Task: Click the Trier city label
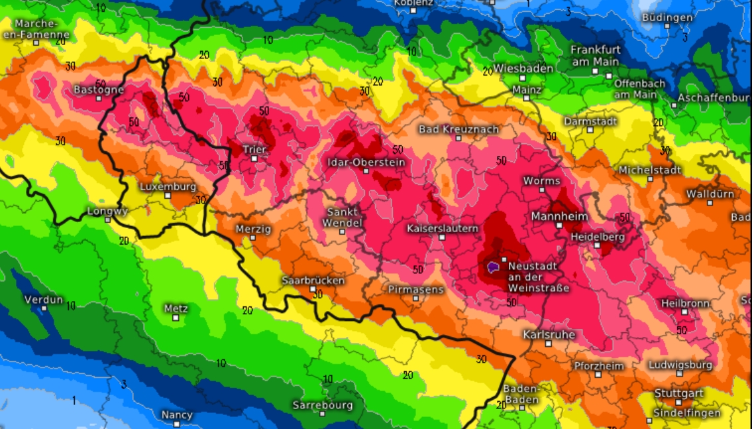point(254,149)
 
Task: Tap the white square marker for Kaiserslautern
point(442,237)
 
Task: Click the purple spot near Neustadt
point(493,267)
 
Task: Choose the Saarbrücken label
point(313,280)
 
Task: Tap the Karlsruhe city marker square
point(549,343)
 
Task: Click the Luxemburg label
point(168,186)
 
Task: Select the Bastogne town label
point(99,89)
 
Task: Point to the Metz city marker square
point(176,318)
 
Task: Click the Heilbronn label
point(685,303)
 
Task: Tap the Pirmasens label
point(415,289)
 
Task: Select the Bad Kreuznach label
point(458,129)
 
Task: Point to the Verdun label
point(44,299)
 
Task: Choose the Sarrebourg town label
point(323,405)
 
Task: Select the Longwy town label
point(107,211)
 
